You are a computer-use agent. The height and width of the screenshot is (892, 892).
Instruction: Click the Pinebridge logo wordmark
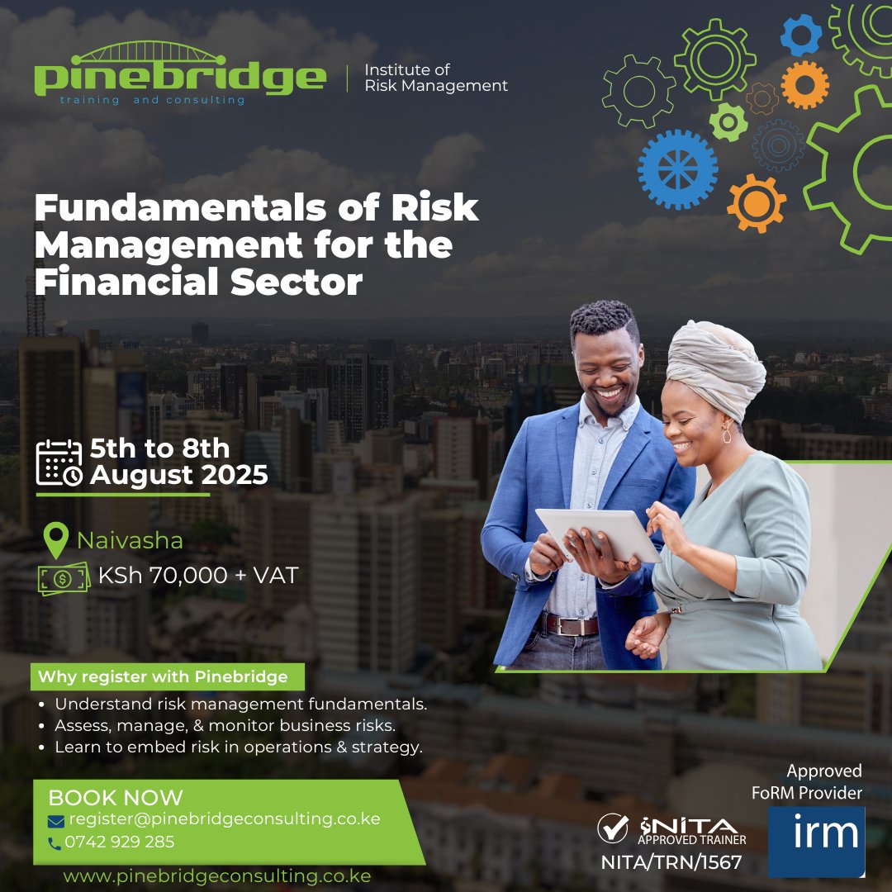pyautogui.click(x=180, y=76)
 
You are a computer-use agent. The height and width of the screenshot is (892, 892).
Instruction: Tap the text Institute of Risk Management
pyautogui.click(x=436, y=78)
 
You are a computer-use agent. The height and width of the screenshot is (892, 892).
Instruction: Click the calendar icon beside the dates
pyautogui.click(x=59, y=463)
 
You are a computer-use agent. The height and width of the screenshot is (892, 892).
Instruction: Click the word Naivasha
pyautogui.click(x=130, y=541)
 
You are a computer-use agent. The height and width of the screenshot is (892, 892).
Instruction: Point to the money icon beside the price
pyautogui.click(x=64, y=577)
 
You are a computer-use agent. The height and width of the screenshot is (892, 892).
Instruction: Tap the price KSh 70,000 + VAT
pyautogui.click(x=197, y=576)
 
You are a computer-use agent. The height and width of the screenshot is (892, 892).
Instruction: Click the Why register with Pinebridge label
pyautogui.click(x=163, y=677)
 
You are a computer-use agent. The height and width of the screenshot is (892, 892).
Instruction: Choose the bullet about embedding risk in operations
pyautogui.click(x=239, y=747)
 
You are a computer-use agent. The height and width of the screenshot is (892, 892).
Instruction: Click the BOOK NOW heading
pyautogui.click(x=116, y=798)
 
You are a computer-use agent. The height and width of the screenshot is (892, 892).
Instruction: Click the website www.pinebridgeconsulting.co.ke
pyautogui.click(x=217, y=875)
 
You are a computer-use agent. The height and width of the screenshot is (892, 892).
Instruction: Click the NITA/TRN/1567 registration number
pyautogui.click(x=671, y=863)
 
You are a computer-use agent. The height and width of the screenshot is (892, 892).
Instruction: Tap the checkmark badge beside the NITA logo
pyautogui.click(x=614, y=828)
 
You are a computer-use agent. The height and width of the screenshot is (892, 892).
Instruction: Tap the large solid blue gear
pyautogui.click(x=677, y=169)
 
